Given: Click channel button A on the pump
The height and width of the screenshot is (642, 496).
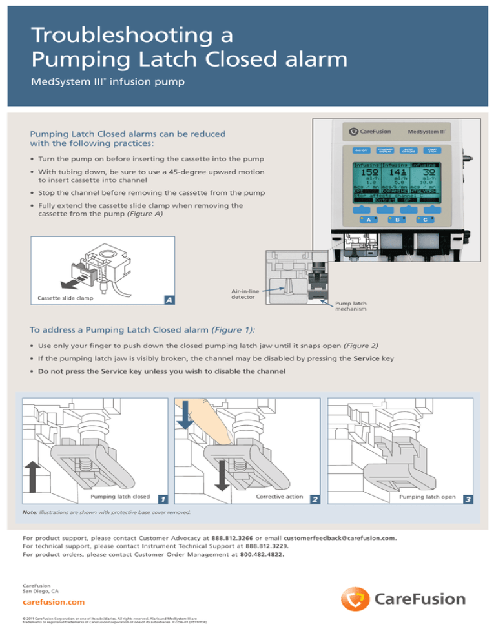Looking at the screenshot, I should click(x=368, y=237).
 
